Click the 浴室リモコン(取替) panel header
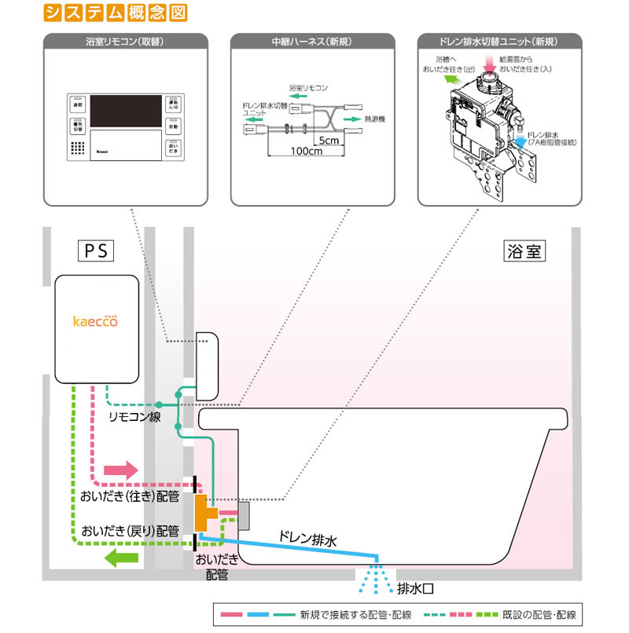click(x=127, y=41)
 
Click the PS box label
click(x=95, y=251)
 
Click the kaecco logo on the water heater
click(x=94, y=320)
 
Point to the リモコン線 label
click(x=134, y=417)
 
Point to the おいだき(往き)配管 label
click(x=130, y=496)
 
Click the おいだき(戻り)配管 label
click(x=130, y=529)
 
